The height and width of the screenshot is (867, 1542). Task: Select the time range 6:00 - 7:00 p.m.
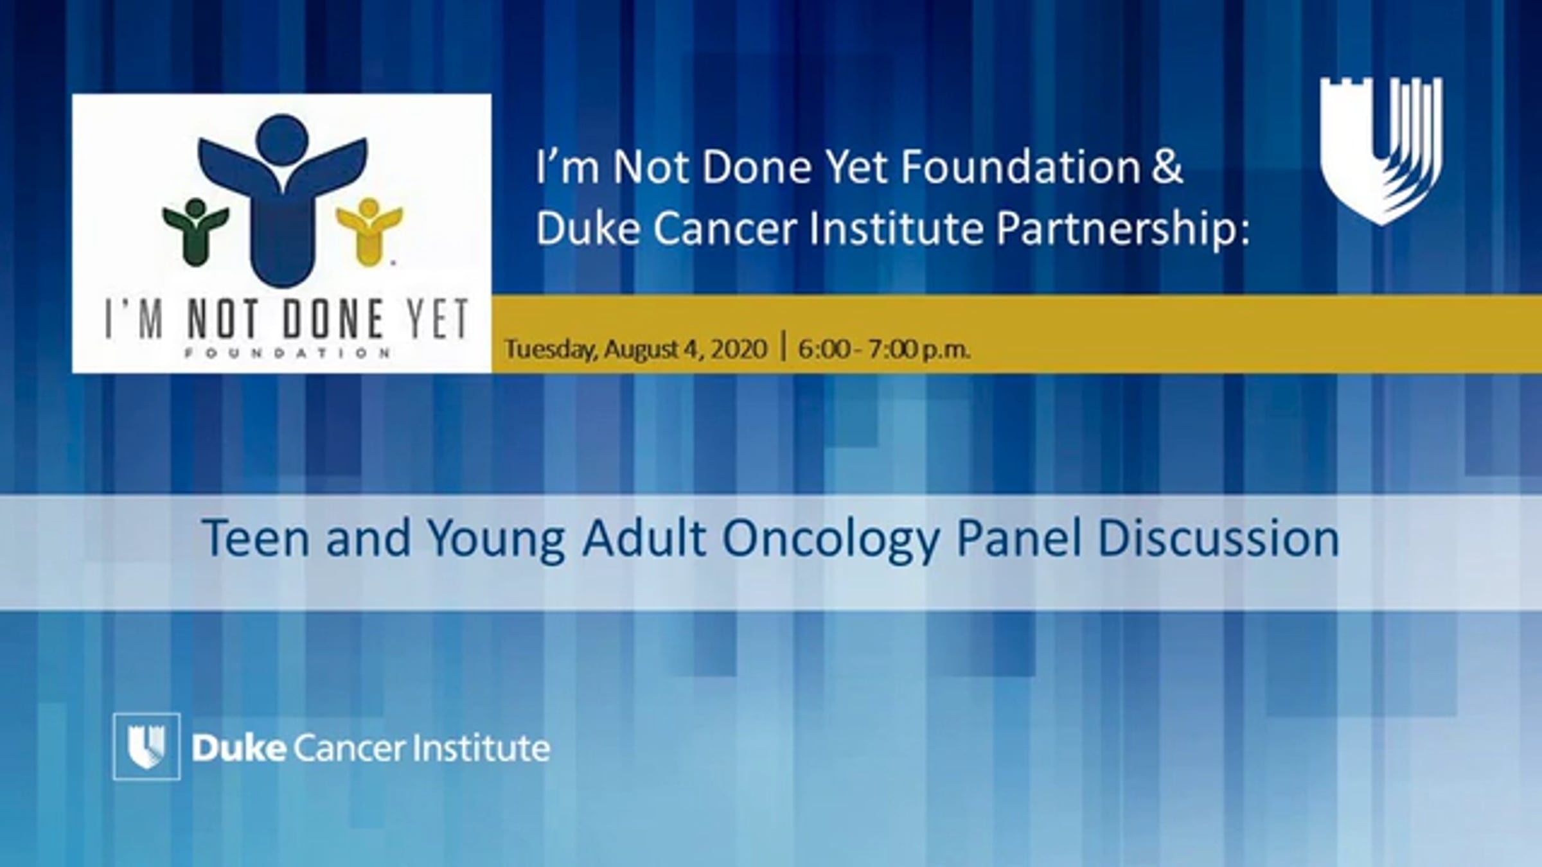(x=884, y=349)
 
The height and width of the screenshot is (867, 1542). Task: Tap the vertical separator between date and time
(x=783, y=347)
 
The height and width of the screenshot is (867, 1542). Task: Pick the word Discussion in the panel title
(x=1218, y=538)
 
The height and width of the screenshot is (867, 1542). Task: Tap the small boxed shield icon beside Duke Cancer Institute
(x=146, y=746)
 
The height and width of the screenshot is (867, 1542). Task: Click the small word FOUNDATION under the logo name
(x=287, y=353)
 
